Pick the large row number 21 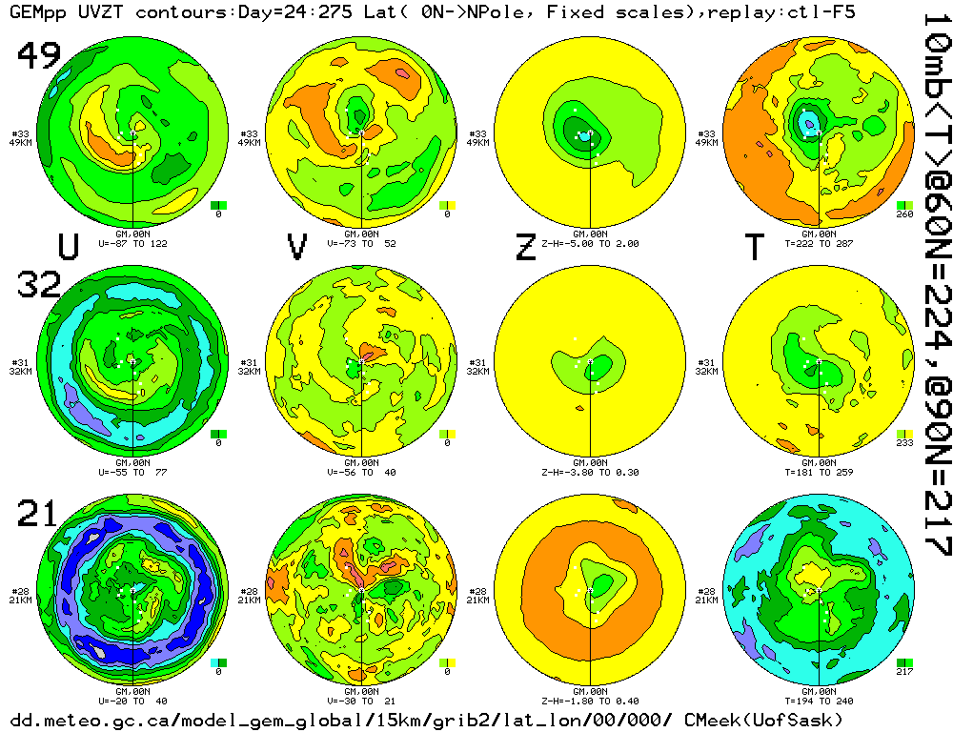(39, 515)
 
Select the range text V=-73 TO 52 (361, 244)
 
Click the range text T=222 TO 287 (820, 244)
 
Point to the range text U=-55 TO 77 (132, 471)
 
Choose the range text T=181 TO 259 (820, 471)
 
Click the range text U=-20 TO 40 (132, 700)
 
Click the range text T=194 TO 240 (820, 700)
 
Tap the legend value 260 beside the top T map (905, 214)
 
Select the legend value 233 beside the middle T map (905, 443)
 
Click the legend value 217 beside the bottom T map (905, 672)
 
